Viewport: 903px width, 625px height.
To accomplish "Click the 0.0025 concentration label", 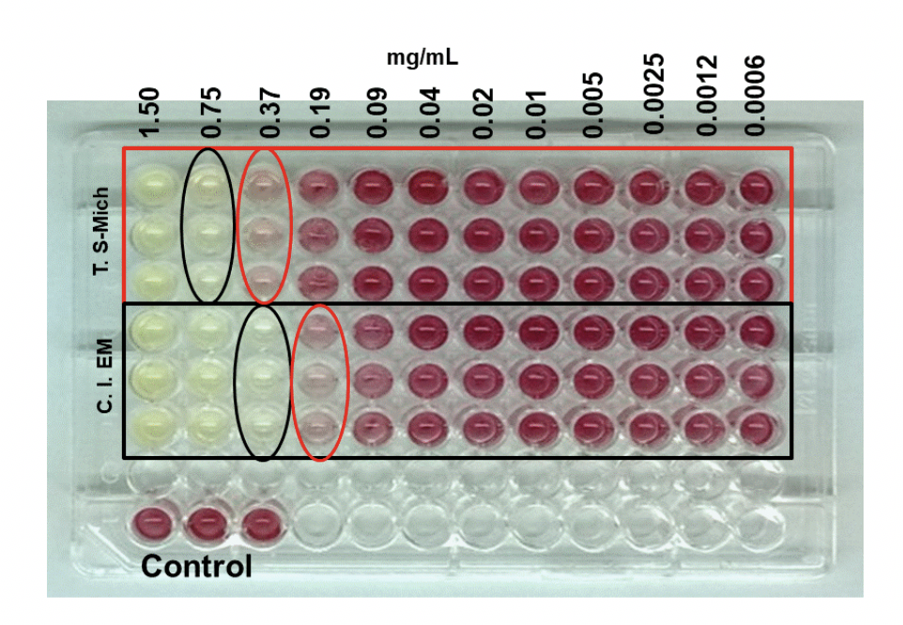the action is pos(653,94).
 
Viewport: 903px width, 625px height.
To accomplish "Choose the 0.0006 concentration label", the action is pos(758,94).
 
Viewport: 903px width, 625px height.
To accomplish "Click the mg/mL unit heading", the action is pos(422,57).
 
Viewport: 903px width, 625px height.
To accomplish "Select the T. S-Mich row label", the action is pos(101,232).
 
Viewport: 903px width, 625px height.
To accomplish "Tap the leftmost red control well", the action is pos(153,523).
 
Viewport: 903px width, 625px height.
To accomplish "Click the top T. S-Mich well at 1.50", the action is pos(153,183).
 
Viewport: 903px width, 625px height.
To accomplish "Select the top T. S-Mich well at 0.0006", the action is pos(757,186).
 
